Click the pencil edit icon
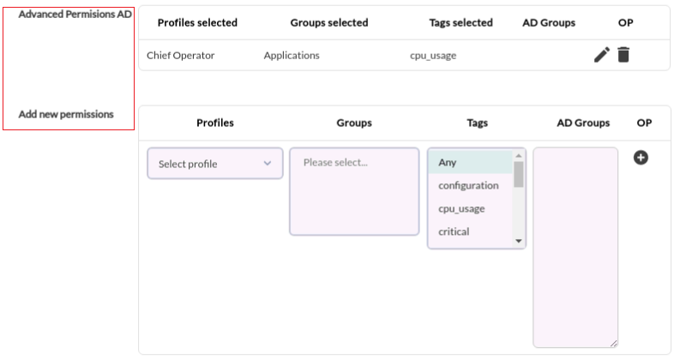(602, 55)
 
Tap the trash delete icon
(623, 55)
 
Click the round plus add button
(641, 158)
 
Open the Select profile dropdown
(215, 163)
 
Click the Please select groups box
(354, 191)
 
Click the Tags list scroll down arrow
(519, 241)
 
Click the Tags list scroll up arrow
(519, 156)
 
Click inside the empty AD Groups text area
(575, 247)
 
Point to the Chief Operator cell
(180, 55)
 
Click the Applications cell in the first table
(292, 55)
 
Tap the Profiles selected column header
(197, 23)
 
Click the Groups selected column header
(329, 23)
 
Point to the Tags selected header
(460, 23)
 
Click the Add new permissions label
(66, 114)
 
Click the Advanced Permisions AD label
(75, 14)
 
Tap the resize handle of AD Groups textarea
(614, 344)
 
